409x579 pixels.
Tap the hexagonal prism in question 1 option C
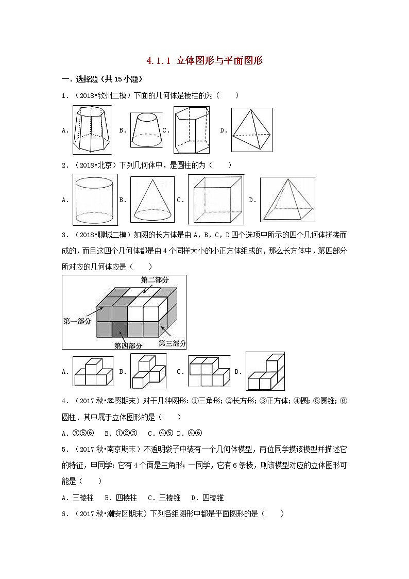click(x=191, y=130)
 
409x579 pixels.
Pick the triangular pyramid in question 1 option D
click(x=251, y=130)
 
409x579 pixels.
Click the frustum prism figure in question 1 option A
click(x=91, y=129)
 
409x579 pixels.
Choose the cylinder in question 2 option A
click(x=94, y=199)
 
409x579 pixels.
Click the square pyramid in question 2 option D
click(x=287, y=200)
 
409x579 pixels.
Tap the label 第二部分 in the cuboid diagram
click(x=155, y=279)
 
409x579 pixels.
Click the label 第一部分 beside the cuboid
click(x=77, y=321)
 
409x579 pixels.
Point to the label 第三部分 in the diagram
click(x=172, y=343)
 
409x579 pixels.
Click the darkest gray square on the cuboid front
click(x=120, y=328)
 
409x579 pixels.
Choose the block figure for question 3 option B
click(x=148, y=371)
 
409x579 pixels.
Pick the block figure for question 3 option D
click(x=265, y=372)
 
